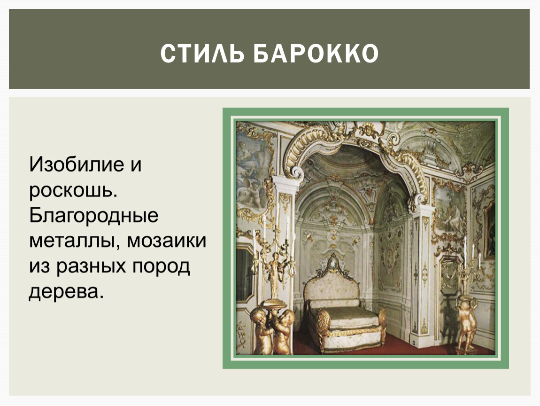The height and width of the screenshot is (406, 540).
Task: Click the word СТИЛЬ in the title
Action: point(203,53)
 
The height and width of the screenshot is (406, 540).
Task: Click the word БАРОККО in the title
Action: point(316,53)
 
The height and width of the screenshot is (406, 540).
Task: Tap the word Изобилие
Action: point(77,164)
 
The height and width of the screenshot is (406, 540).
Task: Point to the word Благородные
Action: point(93,216)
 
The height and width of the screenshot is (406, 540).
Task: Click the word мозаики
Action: point(166,241)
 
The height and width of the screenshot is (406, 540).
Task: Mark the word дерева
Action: point(66,291)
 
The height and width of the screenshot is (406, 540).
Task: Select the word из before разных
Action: point(39,266)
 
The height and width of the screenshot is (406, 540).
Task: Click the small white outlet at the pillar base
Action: point(413,342)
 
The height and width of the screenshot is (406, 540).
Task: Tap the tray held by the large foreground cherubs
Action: point(273,304)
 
